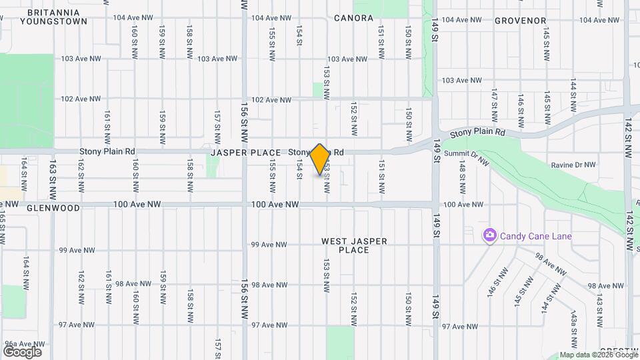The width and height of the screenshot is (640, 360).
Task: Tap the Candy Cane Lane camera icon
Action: pyautogui.click(x=490, y=235)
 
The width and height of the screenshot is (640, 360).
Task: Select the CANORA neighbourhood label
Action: pyautogui.click(x=353, y=18)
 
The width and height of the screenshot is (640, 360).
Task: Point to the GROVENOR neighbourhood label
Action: pyautogui.click(x=521, y=21)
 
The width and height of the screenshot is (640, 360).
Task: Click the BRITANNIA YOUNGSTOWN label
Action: pyautogui.click(x=45, y=16)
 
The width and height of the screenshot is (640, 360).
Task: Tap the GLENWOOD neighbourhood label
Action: pyautogui.click(x=54, y=208)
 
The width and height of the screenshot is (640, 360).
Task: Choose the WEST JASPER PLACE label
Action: pyautogui.click(x=354, y=245)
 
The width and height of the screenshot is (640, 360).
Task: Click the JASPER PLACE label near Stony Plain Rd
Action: pyautogui.click(x=246, y=153)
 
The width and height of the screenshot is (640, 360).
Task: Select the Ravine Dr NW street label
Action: pyautogui.click(x=573, y=165)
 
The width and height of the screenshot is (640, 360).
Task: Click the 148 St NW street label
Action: pyautogui.click(x=462, y=177)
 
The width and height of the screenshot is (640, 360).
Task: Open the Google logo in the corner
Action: pyautogui.click(x=22, y=351)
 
